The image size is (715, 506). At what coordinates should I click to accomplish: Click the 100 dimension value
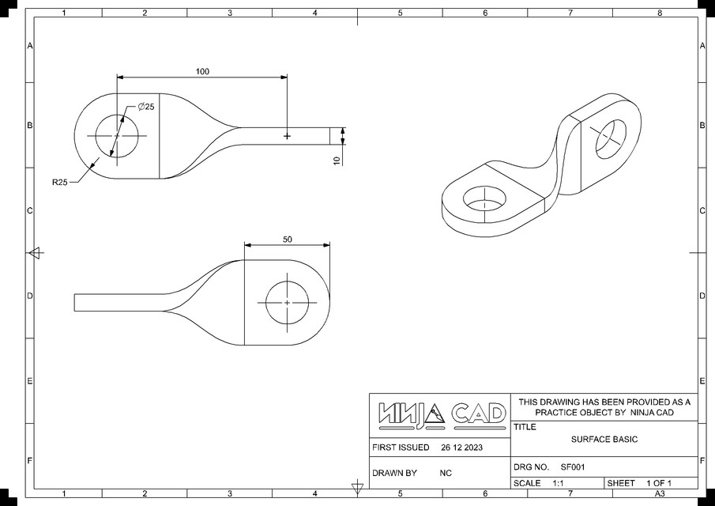pos(202,71)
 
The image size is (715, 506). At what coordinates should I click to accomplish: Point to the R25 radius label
pos(59,183)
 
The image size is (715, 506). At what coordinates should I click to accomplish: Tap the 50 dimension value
pos(287,239)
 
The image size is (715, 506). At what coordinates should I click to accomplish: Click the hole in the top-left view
pos(117,136)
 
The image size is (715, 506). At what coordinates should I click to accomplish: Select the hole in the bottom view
pos(287,303)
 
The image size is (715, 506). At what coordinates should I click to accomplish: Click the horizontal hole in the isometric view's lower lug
pos(483,199)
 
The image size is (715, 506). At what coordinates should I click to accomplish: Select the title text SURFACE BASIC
pos(604,440)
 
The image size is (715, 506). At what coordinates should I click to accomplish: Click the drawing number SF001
pos(573,467)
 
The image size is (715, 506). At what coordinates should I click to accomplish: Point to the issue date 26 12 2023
pos(461,447)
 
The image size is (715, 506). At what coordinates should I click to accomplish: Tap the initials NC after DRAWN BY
pos(446,473)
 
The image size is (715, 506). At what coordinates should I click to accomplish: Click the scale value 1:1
pos(557,483)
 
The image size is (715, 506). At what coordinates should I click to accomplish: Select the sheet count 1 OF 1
pos(658,483)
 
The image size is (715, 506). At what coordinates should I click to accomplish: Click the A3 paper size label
pos(658,494)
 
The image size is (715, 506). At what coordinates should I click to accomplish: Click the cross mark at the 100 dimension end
pos(287,137)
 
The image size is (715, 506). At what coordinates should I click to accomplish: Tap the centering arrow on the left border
pos(35,253)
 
